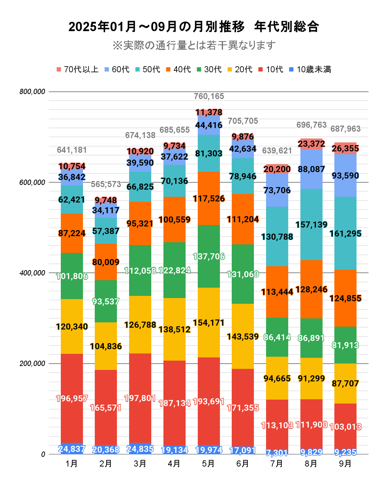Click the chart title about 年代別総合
[x=193, y=27]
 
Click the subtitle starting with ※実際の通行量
[x=194, y=45]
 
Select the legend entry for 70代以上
[x=78, y=69]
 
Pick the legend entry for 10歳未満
[x=310, y=69]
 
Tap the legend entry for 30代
[x=209, y=69]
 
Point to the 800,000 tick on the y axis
[x=33, y=92]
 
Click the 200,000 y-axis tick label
[x=33, y=363]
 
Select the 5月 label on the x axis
[x=208, y=464]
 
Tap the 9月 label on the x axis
[x=345, y=464]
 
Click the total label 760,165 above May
[x=209, y=96]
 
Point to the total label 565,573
[x=106, y=184]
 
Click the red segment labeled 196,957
[x=72, y=398]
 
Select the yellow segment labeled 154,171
[x=209, y=323]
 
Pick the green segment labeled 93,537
[x=106, y=301]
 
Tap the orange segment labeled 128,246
[x=311, y=289]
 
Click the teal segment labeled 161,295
[x=345, y=233]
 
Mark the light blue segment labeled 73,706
[x=277, y=190]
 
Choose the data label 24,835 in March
[x=140, y=449]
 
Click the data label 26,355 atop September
[x=345, y=148]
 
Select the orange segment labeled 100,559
[x=175, y=219]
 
